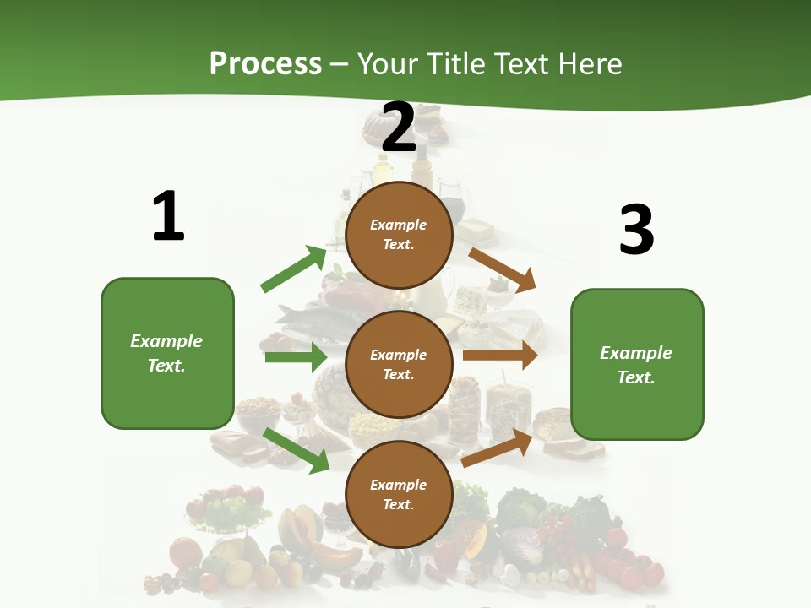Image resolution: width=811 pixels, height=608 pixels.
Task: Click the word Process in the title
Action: coord(265,63)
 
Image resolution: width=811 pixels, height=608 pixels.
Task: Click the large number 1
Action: coord(168,216)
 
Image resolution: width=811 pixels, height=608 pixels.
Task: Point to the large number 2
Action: coord(399,128)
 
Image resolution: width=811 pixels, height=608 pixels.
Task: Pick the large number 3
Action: coord(636,230)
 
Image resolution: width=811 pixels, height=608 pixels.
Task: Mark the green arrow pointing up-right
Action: coord(294,269)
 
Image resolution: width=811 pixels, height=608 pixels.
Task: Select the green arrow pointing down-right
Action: coord(296,449)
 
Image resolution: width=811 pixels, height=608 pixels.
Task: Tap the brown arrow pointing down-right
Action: coord(503,269)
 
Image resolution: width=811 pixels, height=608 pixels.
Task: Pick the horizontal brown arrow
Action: coord(500,356)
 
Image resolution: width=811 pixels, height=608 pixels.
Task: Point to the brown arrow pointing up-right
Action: coord(498,448)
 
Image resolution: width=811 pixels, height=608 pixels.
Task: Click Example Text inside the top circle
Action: coord(399,235)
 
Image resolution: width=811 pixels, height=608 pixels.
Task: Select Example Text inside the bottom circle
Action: coord(399,495)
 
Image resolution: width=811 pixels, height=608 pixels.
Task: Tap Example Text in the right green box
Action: coord(636,365)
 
